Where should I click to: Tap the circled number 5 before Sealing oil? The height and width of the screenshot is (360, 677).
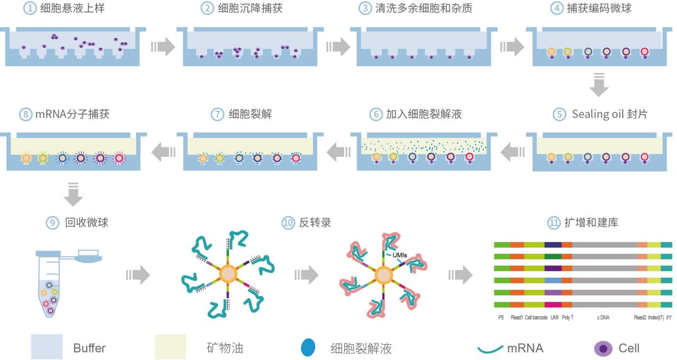[x=559, y=115]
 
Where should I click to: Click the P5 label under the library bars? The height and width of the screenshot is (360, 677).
[x=500, y=317]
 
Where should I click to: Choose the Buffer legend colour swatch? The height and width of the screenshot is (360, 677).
[x=47, y=348]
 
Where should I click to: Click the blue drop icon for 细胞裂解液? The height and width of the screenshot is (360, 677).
[x=308, y=348]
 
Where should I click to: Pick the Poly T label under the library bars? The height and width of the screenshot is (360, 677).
[x=568, y=317]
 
